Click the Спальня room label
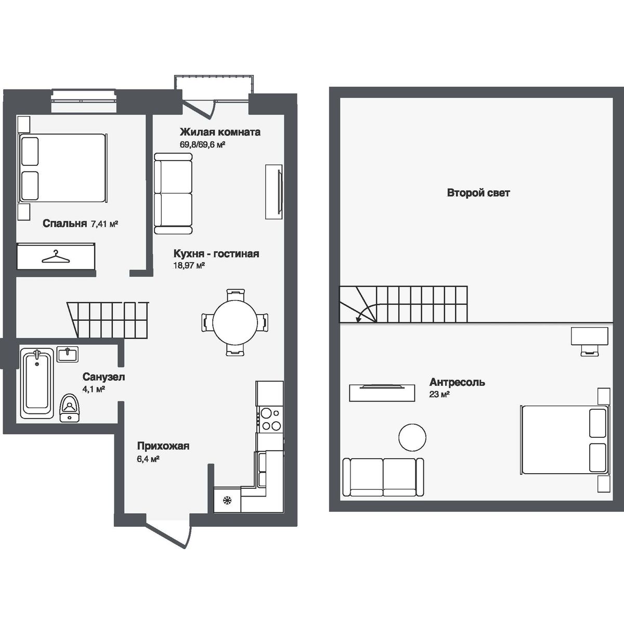(64, 224)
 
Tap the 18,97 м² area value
(189, 265)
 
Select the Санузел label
(103, 378)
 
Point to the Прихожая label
(163, 446)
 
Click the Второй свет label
(478, 193)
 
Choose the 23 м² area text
(439, 395)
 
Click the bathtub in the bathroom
(37, 382)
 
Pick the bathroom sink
(68, 354)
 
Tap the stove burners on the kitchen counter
(269, 420)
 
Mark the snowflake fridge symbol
(227, 500)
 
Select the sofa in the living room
(173, 194)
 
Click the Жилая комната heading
(220, 132)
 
